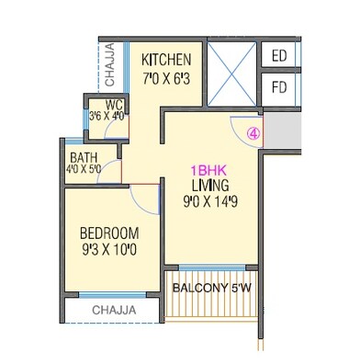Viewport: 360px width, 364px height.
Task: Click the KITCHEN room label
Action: pos(166,59)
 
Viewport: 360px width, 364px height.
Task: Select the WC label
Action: pos(115,103)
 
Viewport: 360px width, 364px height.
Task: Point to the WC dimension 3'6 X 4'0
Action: pos(107,116)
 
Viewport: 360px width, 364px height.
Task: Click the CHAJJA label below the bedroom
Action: pos(114,310)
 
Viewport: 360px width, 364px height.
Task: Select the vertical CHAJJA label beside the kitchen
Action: pos(108,62)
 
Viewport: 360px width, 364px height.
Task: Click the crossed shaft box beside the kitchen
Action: pos(230,74)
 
